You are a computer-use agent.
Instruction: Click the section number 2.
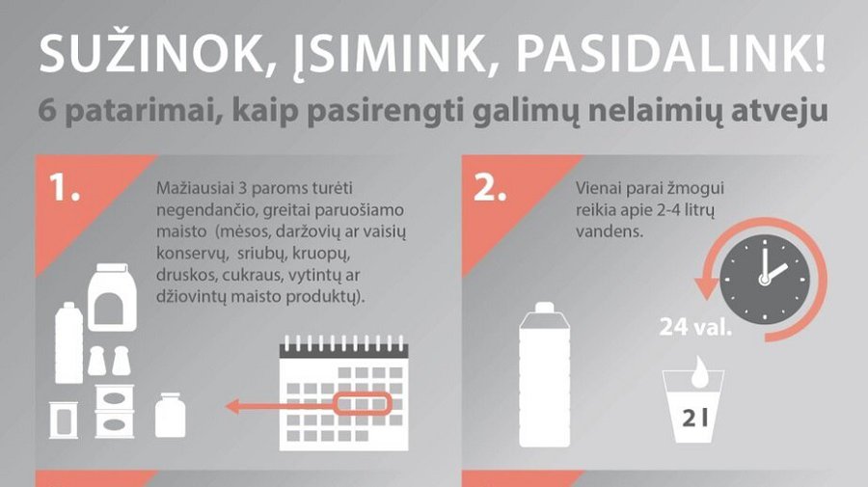pos(491,189)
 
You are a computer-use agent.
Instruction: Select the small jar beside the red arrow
pos(170,416)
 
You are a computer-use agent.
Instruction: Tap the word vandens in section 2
pos(604,232)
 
